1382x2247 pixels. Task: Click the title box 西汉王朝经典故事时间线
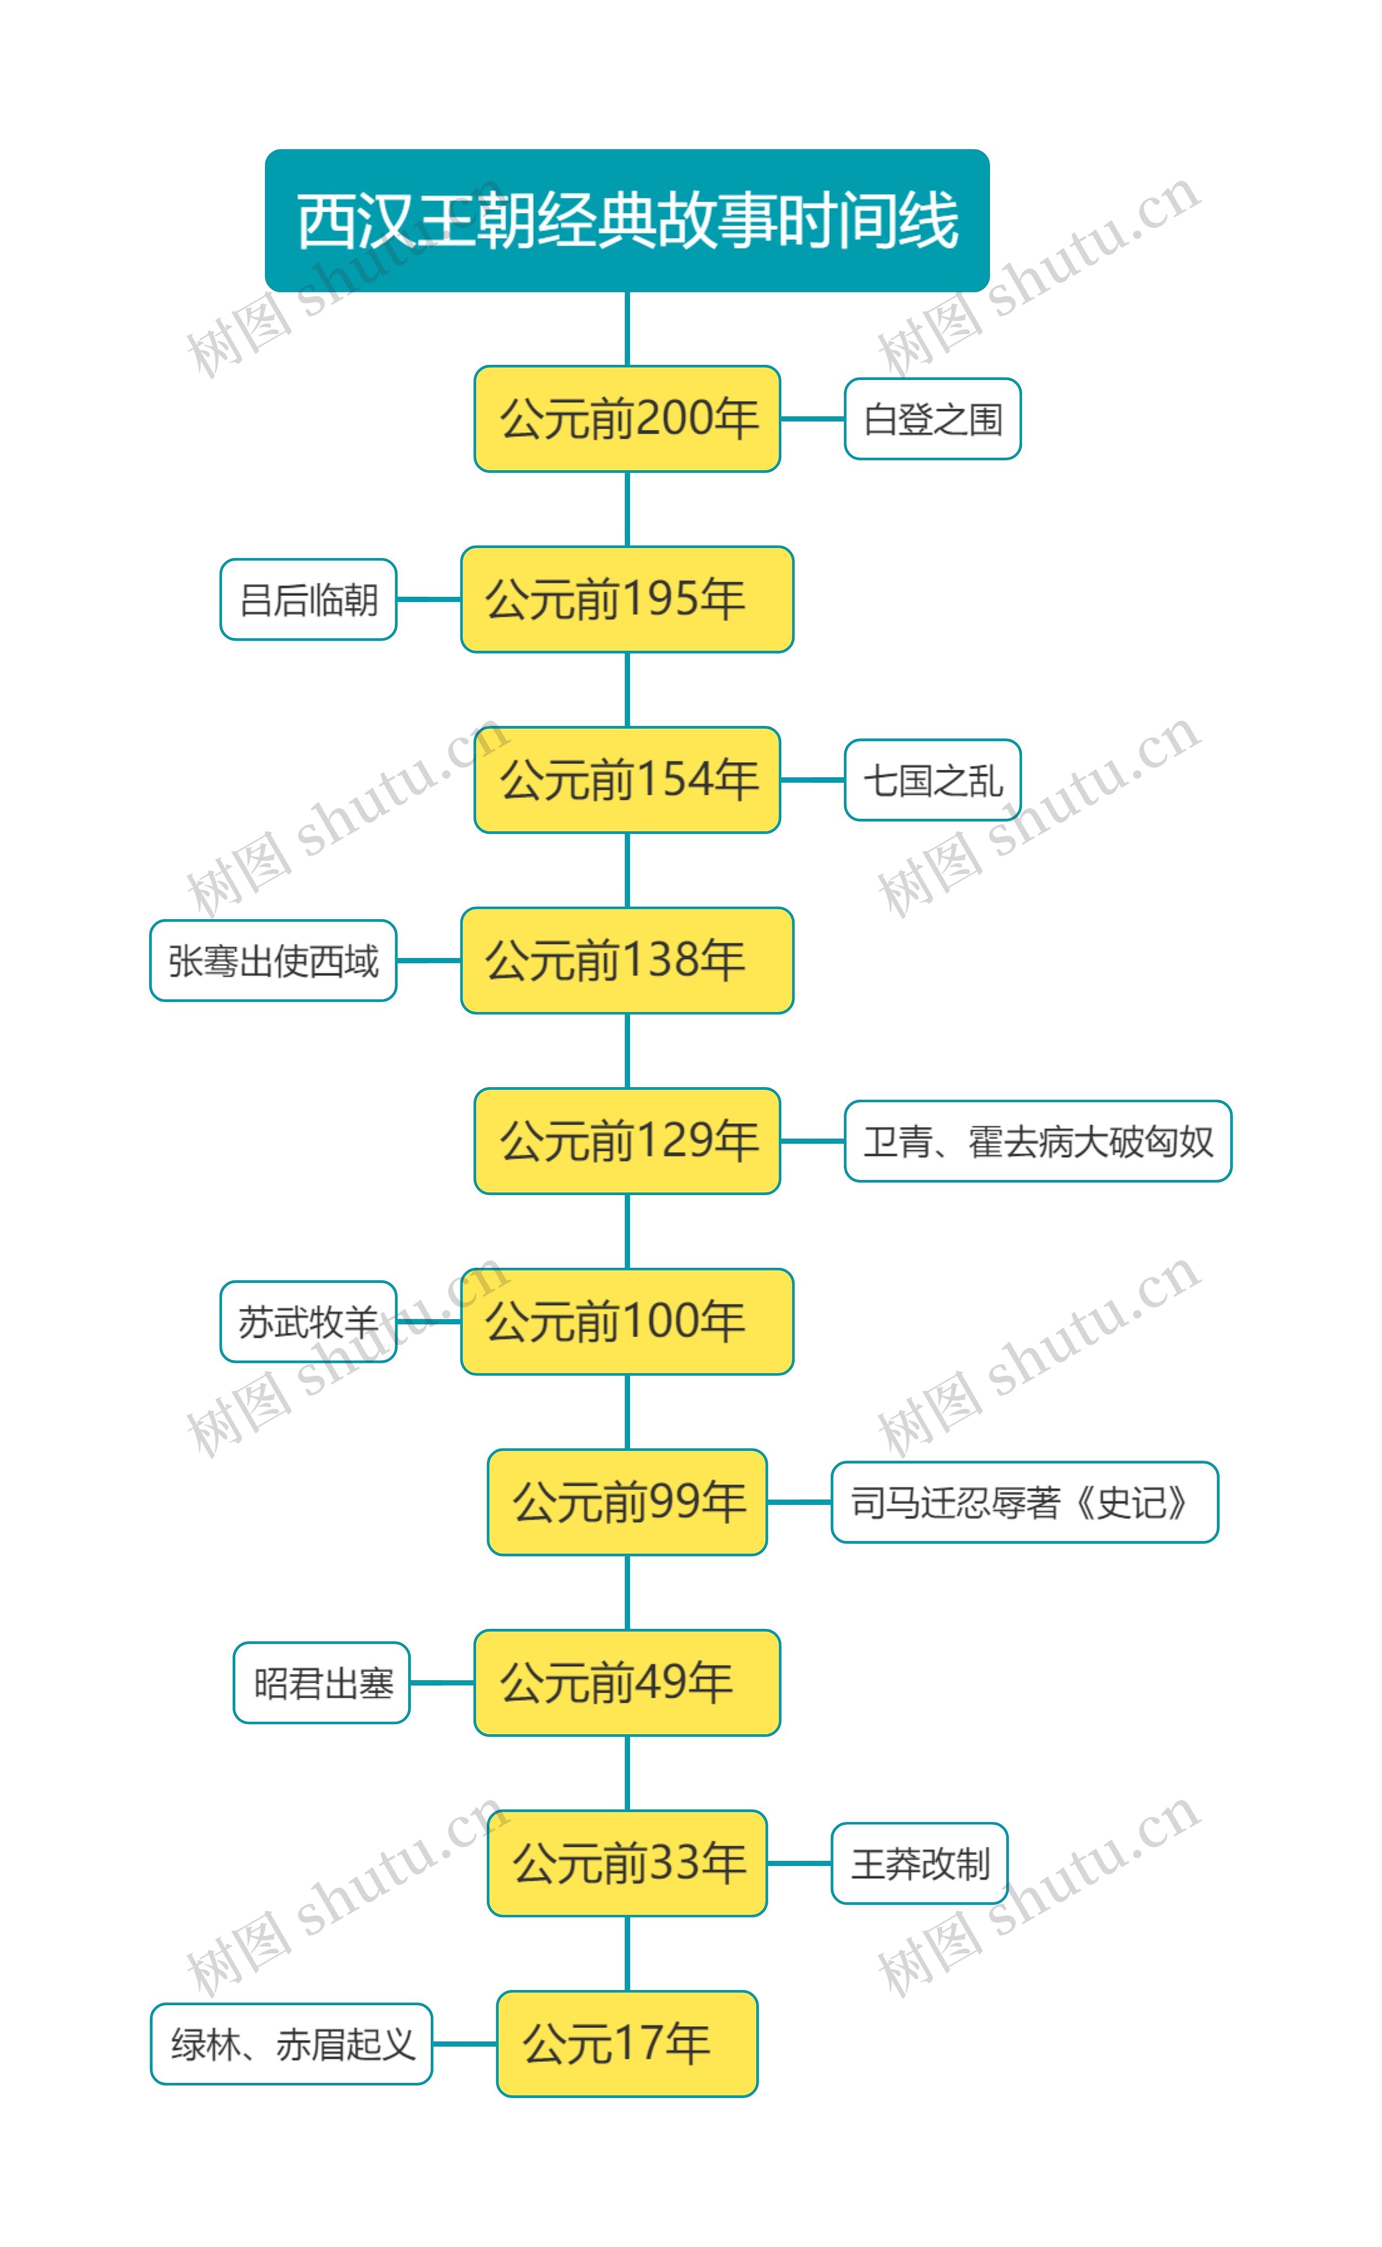[627, 220]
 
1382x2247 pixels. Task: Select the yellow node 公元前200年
[627, 418]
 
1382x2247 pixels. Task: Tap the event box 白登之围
[932, 418]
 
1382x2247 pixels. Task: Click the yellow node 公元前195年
[627, 600]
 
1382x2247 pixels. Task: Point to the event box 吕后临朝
[308, 600]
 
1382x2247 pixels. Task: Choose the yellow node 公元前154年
[627, 779]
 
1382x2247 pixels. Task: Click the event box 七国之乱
[932, 779]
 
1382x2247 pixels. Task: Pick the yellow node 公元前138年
[627, 960]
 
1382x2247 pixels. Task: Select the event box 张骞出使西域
[273, 960]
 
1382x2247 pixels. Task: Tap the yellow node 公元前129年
[627, 1141]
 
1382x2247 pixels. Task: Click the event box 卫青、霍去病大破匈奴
[1038, 1141]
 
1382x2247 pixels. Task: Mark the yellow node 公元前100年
[627, 1321]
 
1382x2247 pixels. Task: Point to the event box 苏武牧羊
[308, 1321]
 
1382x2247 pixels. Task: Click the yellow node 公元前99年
[627, 1502]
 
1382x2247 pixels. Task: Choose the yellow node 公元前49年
[627, 1682]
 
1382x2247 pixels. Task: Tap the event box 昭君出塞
[322, 1682]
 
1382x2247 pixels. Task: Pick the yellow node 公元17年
[627, 2043]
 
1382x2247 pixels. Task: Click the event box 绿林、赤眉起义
[290, 2043]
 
